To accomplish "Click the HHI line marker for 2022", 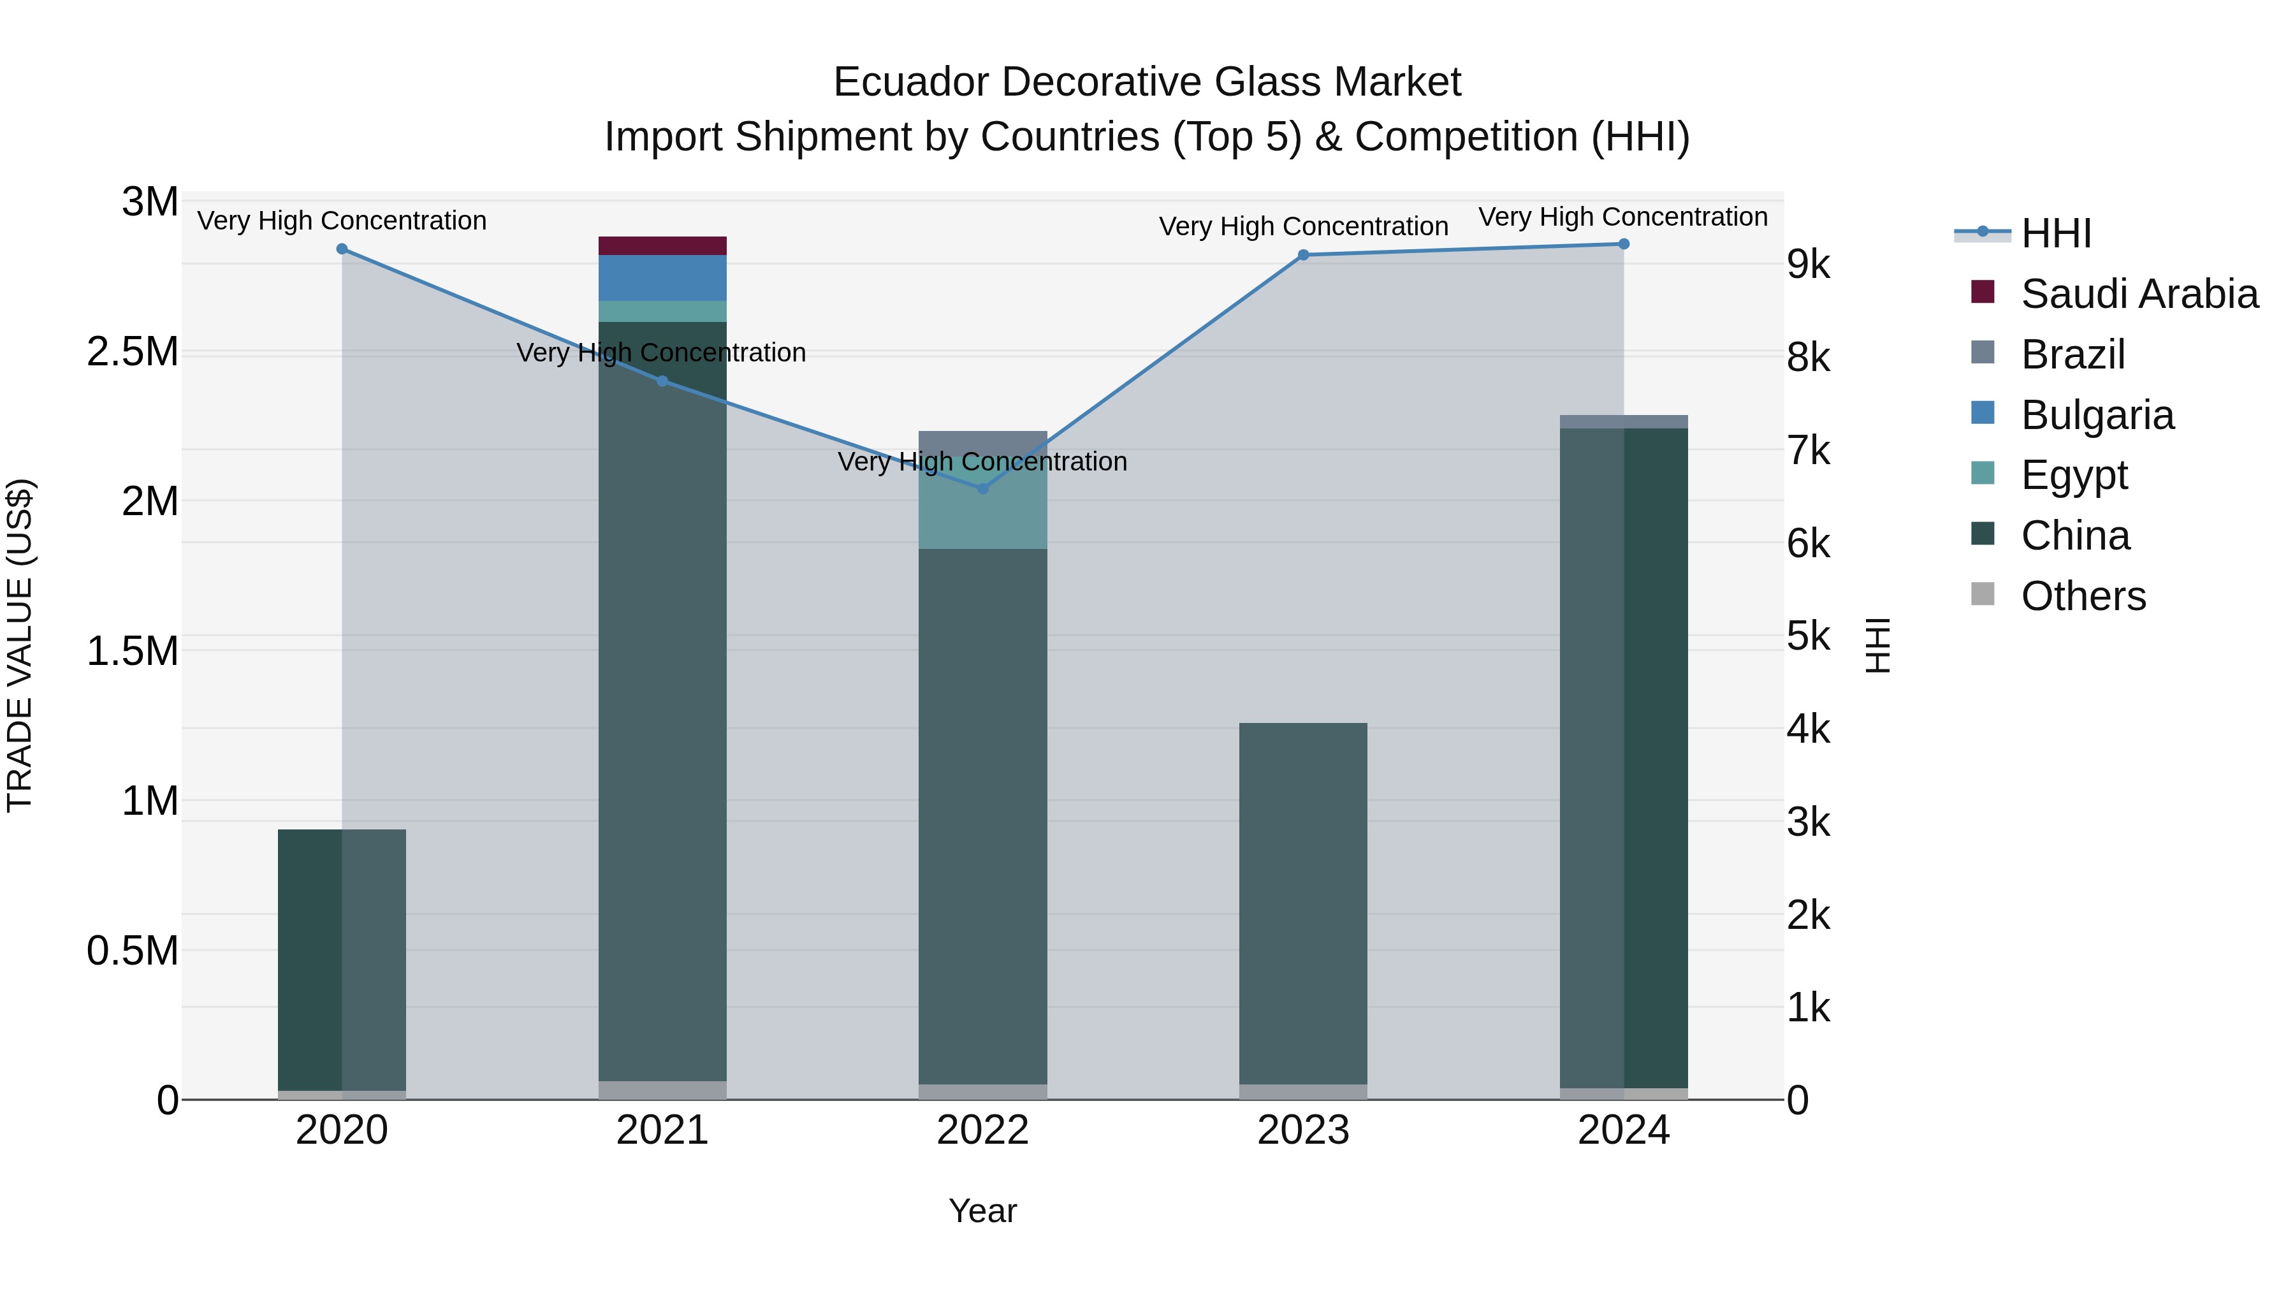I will pos(982,488).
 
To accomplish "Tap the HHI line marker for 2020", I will pos(342,249).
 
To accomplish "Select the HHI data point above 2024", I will pos(1623,244).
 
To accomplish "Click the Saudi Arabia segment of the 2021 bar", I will pos(662,246).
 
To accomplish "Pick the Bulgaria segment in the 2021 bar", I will pos(662,278).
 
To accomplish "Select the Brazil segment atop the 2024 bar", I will pos(1623,421).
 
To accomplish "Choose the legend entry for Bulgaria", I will pos(2097,415).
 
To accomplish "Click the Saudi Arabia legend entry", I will pos(2138,294).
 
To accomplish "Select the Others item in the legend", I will pos(2083,596).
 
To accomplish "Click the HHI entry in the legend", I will pos(2055,233).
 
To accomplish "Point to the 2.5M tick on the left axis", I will pos(132,352).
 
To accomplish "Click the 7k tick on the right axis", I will pos(1809,451).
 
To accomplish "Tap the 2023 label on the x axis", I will pos(1302,1130).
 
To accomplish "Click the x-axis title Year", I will pos(982,1211).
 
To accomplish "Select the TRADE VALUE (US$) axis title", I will pos(20,645).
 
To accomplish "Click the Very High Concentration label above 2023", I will pos(1302,226).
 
